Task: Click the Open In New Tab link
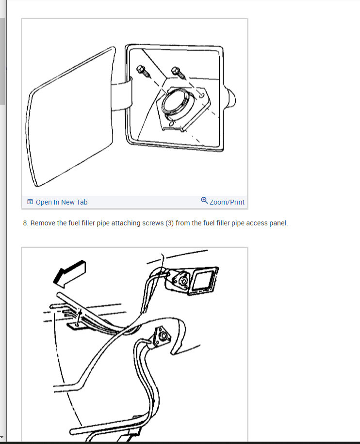pyautogui.click(x=62, y=202)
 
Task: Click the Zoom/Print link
pyautogui.click(x=227, y=202)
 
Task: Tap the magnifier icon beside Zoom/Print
pyautogui.click(x=204, y=200)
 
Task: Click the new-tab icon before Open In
pyautogui.click(x=31, y=202)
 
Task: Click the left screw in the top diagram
pyautogui.click(x=143, y=71)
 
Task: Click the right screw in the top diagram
pyautogui.click(x=179, y=73)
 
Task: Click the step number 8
pyautogui.click(x=25, y=223)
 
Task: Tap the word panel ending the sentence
pyautogui.click(x=278, y=223)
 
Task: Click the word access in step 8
pyautogui.click(x=257, y=223)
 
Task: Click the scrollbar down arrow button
pyautogui.click(x=2, y=438)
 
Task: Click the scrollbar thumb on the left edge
pyautogui.click(x=2, y=61)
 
